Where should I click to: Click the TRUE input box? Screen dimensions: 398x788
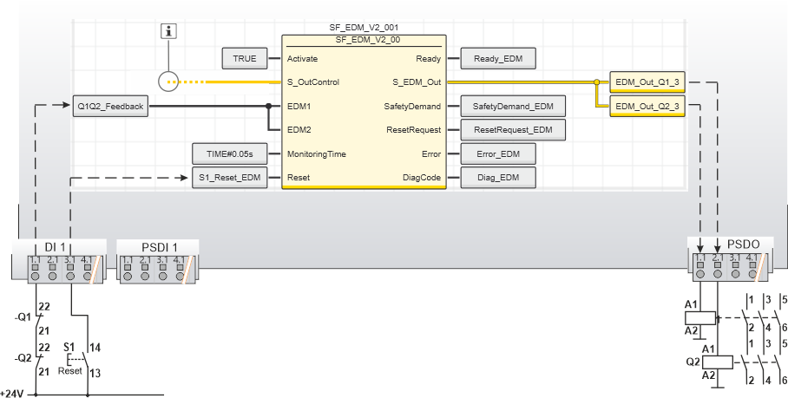(x=245, y=58)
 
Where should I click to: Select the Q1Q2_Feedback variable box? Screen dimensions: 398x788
(x=111, y=107)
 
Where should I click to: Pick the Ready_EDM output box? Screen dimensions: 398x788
(x=498, y=58)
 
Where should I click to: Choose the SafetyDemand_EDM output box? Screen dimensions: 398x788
(x=512, y=107)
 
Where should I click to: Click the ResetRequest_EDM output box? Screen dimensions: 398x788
(x=512, y=130)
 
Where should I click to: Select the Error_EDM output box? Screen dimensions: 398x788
(x=497, y=154)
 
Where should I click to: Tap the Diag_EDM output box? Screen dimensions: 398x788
(x=497, y=179)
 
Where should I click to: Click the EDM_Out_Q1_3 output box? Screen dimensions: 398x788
(x=646, y=82)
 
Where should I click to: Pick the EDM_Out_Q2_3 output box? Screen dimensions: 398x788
(x=646, y=107)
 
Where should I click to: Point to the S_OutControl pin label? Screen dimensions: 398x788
(x=312, y=82)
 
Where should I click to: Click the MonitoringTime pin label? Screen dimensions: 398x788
(x=317, y=154)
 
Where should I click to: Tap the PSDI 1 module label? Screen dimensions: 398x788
(x=158, y=246)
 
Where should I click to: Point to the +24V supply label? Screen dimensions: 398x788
(x=13, y=393)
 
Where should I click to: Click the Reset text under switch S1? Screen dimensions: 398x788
(x=70, y=370)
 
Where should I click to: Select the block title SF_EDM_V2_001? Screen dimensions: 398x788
(x=364, y=28)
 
